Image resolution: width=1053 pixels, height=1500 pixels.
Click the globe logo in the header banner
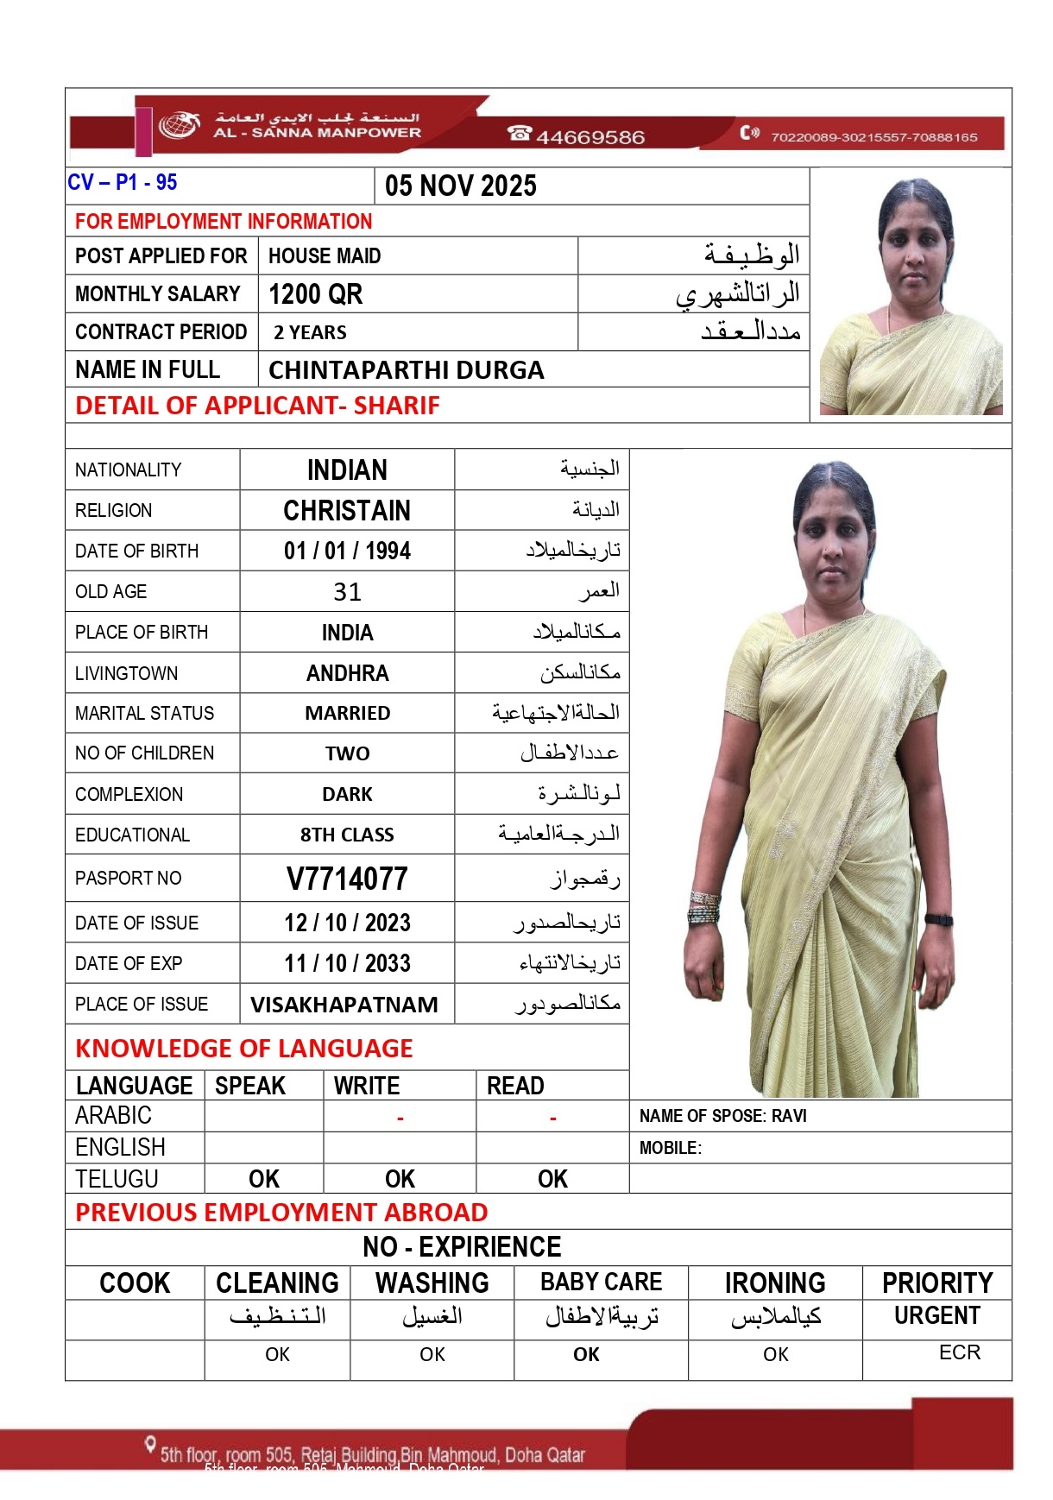pos(179,124)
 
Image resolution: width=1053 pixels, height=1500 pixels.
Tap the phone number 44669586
pos(590,137)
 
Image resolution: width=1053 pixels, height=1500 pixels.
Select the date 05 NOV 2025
pos(461,186)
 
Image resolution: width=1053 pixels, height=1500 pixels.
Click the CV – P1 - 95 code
pos(123,183)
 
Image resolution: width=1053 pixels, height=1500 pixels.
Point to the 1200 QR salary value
pos(316,294)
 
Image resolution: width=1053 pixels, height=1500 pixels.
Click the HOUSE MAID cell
pos(325,256)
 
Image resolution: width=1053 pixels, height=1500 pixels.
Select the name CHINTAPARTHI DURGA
pos(406,370)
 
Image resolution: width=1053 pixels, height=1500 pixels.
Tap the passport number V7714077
pos(347,879)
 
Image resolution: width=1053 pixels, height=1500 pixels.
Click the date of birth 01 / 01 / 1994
pos(347,551)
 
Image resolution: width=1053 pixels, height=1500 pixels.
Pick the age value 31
pos(347,592)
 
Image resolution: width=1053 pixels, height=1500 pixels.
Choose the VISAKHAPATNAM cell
pos(344,1005)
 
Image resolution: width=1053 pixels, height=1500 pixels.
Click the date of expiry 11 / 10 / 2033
pos(347,963)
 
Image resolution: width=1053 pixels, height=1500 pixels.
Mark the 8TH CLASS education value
pos(347,835)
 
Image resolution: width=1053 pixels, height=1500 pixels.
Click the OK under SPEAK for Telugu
pos(264,1179)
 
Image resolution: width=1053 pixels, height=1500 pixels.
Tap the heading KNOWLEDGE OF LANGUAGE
pos(244,1049)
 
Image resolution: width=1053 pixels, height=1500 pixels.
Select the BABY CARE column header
pos(602,1283)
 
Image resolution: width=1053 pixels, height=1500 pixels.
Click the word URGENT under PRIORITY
pos(937,1316)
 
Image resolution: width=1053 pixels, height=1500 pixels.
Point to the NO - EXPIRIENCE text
pos(462,1247)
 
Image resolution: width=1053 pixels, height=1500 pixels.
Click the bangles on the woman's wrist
pos(703,908)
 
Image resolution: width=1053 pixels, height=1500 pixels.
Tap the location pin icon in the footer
pos(151,1444)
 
